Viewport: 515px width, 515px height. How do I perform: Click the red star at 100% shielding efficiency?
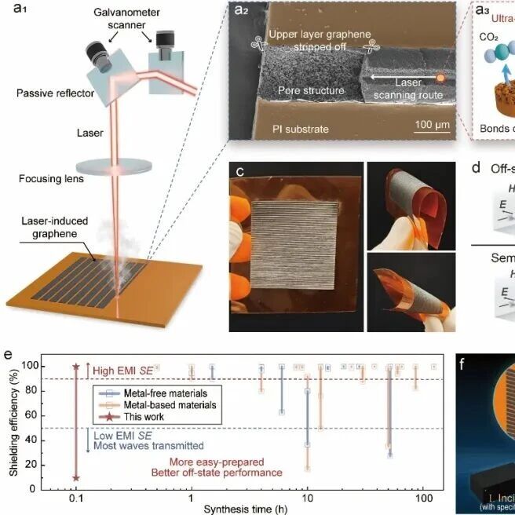point(76,366)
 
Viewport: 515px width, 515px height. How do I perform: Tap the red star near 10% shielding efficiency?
point(76,477)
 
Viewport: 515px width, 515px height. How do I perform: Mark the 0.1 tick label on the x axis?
point(76,498)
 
